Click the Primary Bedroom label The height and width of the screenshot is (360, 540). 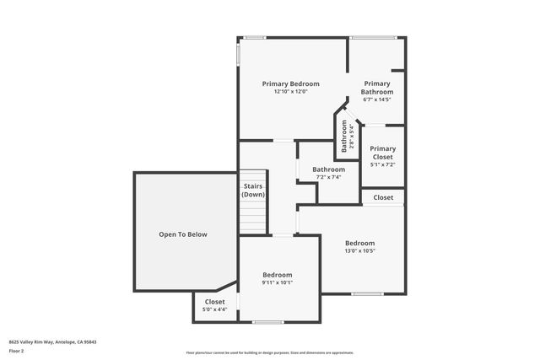pyautogui.click(x=290, y=83)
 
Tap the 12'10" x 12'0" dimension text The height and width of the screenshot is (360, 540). pyautogui.click(x=290, y=92)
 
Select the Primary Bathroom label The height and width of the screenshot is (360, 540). pyautogui.click(x=377, y=88)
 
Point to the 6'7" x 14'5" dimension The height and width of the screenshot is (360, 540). pyautogui.click(x=377, y=99)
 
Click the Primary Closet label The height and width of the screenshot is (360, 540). pyautogui.click(x=383, y=153)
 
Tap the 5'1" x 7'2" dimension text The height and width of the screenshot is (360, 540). pyautogui.click(x=383, y=164)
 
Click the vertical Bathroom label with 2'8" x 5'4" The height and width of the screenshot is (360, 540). pyautogui.click(x=345, y=136)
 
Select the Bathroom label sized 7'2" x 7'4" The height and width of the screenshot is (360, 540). pyautogui.click(x=328, y=169)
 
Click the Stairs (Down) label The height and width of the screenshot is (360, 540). pyautogui.click(x=253, y=190)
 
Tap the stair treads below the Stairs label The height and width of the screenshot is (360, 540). pyautogui.click(x=253, y=221)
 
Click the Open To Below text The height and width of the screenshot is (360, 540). pyautogui.click(x=183, y=234)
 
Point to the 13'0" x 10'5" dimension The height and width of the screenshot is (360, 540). pyautogui.click(x=359, y=250)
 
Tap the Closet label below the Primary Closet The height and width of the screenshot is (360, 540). pyautogui.click(x=383, y=197)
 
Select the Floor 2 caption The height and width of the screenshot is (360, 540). pyautogui.click(x=16, y=350)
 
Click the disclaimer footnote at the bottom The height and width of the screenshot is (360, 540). pyautogui.click(x=269, y=352)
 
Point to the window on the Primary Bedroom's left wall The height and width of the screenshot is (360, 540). pyautogui.click(x=239, y=54)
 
